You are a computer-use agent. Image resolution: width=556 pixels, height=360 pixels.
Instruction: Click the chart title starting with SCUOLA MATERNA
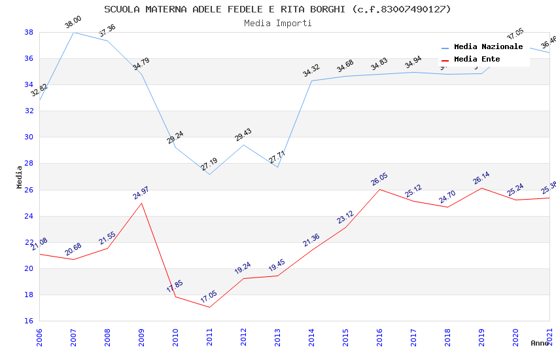277,9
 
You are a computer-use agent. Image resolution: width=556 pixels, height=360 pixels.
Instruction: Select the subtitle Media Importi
277,23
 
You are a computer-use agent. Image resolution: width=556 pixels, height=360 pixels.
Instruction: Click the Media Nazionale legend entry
488,46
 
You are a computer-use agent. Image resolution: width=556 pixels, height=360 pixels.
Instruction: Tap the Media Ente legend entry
477,59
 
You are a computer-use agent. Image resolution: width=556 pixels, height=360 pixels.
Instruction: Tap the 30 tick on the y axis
29,137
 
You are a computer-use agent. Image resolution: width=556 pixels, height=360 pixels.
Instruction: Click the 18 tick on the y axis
29,295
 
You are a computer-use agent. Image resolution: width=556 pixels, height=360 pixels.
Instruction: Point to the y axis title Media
20,177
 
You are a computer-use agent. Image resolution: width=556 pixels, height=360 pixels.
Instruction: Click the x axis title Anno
540,343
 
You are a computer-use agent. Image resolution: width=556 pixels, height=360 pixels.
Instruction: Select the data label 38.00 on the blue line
73,24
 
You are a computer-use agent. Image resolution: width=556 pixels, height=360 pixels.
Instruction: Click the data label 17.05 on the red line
209,297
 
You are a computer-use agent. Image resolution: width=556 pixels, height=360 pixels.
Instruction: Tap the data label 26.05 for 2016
379,179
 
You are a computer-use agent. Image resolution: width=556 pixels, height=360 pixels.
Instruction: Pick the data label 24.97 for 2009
141,192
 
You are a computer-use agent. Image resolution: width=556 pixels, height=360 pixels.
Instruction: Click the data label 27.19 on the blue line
209,164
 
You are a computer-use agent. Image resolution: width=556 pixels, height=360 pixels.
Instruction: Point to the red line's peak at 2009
142,203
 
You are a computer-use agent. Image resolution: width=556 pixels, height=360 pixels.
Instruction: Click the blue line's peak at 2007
73,32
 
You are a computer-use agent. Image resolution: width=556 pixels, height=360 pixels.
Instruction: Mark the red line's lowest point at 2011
210,307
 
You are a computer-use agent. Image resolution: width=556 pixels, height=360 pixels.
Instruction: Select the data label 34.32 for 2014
311,70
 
